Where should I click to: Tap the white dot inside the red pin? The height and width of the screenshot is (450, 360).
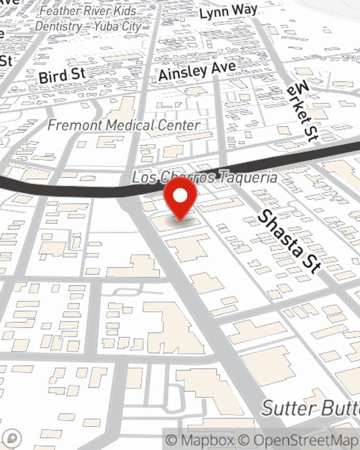(x=180, y=196)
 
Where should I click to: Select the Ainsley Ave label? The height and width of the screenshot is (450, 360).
(x=197, y=71)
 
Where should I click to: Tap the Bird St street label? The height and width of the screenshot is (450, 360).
(x=62, y=75)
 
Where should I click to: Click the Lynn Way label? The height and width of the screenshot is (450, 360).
(x=228, y=12)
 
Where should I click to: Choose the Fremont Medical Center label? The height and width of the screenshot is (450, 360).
(x=124, y=125)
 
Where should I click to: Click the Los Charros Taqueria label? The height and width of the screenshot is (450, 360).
(x=204, y=177)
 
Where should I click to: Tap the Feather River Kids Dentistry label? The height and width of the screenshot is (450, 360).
(x=88, y=18)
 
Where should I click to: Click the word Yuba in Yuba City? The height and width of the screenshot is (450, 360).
(x=107, y=26)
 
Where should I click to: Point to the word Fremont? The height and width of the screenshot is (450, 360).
(x=75, y=125)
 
